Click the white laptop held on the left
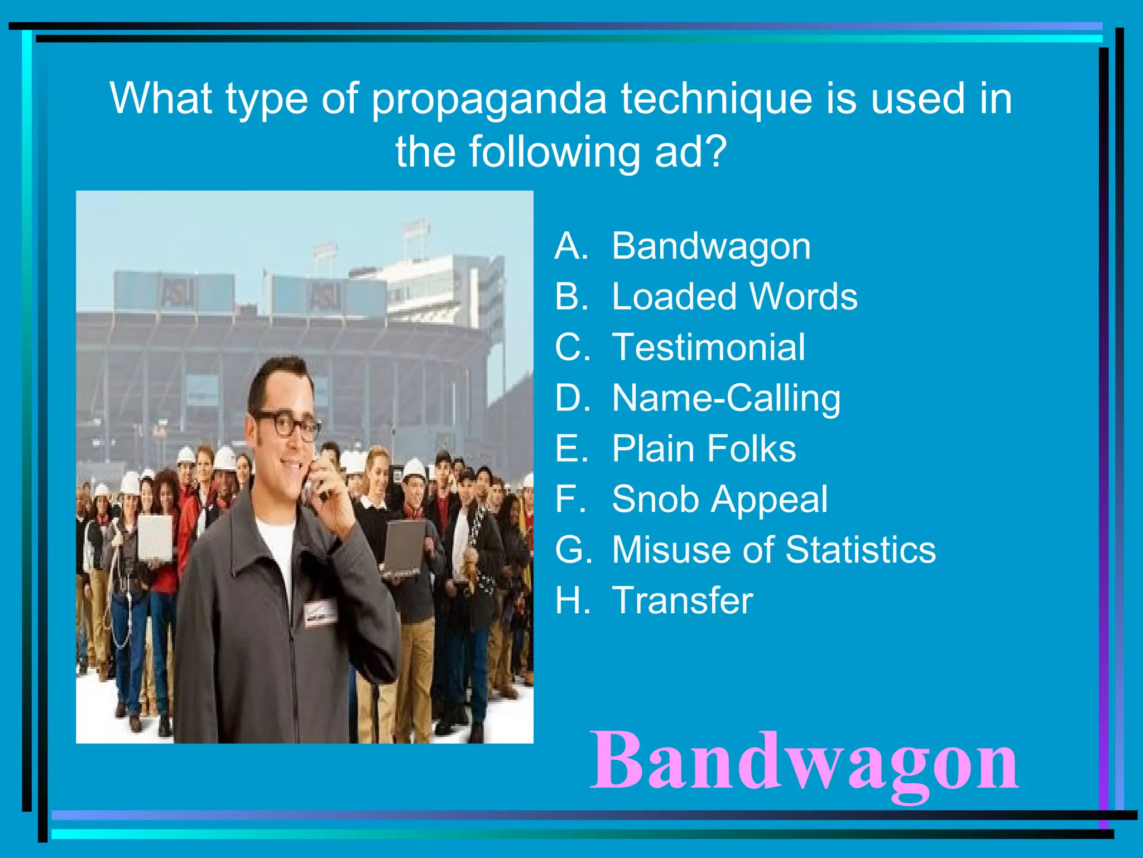click(x=155, y=537)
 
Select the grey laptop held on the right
click(x=403, y=547)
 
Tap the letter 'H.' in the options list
click(x=572, y=600)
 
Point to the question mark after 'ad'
click(x=715, y=151)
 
